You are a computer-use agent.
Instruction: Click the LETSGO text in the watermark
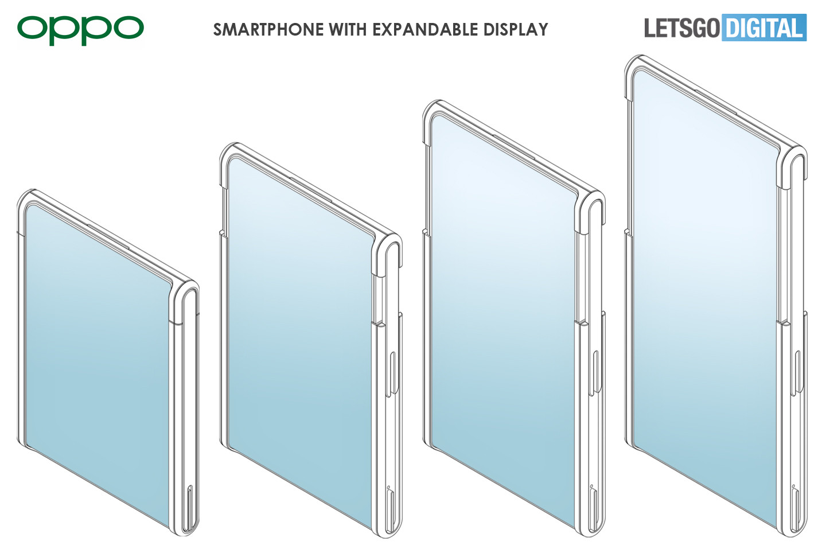[x=681, y=28]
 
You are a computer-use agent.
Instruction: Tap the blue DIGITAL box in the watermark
[x=765, y=28]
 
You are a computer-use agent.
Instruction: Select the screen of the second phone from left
[x=298, y=333]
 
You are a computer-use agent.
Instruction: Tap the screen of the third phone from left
[x=502, y=310]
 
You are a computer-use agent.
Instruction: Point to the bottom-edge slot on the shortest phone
[x=190, y=508]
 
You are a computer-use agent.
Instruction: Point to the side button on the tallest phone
[x=797, y=373]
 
